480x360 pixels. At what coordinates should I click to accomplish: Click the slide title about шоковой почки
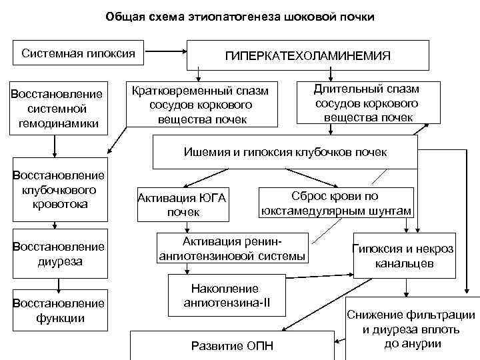(x=240, y=17)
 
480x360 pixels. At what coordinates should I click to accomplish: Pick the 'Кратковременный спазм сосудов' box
(x=201, y=104)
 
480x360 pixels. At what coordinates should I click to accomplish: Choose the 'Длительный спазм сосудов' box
(x=367, y=103)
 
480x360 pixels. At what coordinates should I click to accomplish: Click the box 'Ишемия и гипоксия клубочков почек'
(x=285, y=152)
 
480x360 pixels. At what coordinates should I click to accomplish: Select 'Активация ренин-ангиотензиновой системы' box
(x=233, y=248)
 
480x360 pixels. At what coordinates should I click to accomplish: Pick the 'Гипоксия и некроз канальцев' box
(x=403, y=256)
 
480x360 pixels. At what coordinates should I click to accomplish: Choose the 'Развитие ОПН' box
(x=233, y=345)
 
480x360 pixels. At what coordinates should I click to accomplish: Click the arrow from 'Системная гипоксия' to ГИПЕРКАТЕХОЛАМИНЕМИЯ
(x=166, y=50)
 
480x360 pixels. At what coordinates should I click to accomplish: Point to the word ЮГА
(x=212, y=197)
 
